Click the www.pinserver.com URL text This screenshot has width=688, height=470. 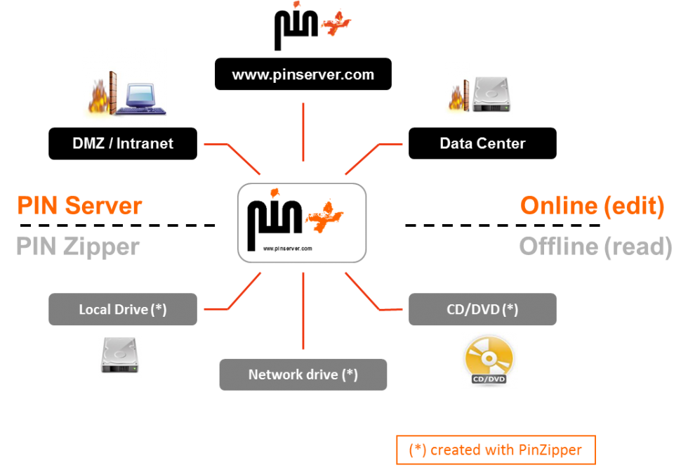pyautogui.click(x=303, y=74)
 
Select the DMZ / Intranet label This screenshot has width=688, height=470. pyautogui.click(x=123, y=143)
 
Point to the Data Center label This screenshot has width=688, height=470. pyautogui.click(x=482, y=143)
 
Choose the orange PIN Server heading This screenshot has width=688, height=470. pyautogui.click(x=79, y=206)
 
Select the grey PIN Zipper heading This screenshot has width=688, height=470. pyautogui.click(x=78, y=247)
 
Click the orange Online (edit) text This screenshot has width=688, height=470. pyautogui.click(x=592, y=206)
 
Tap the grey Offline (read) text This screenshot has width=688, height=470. pyautogui.click(x=595, y=247)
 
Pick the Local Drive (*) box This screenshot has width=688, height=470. pyautogui.click(x=123, y=309)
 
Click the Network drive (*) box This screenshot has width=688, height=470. pyautogui.click(x=303, y=374)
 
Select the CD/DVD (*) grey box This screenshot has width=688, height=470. pyautogui.click(x=482, y=309)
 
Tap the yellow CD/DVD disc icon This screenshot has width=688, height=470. pyautogui.click(x=489, y=359)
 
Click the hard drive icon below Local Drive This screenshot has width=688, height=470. pyautogui.click(x=119, y=357)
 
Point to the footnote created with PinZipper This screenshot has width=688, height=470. pyautogui.click(x=496, y=450)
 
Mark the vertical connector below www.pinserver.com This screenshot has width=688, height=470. pyautogui.click(x=303, y=132)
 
